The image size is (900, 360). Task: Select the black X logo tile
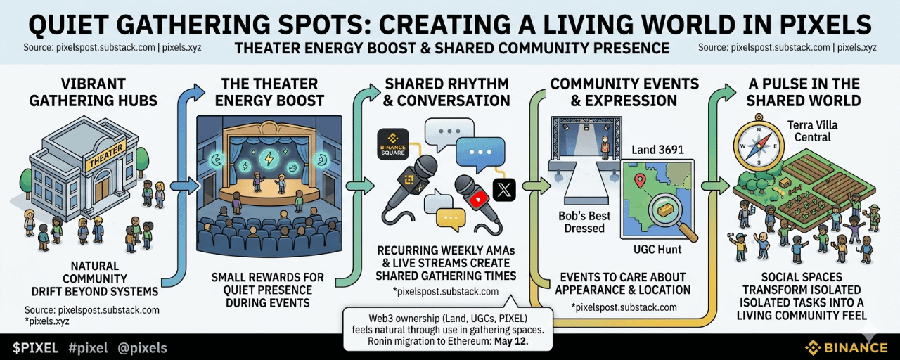tap(504, 189)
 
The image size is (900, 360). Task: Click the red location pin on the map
tap(640, 181)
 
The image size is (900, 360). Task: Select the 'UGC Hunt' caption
tap(657, 250)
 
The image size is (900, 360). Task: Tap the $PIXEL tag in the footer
tap(36, 347)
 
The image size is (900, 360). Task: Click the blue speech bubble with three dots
tap(480, 150)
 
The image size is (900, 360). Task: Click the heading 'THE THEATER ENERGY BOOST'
tap(269, 92)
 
